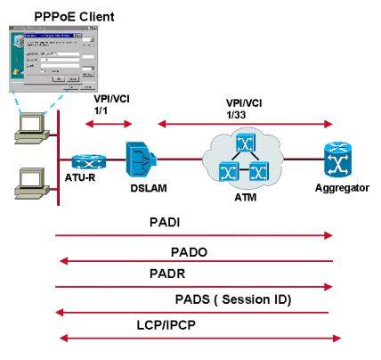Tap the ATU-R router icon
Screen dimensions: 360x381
pos(87,160)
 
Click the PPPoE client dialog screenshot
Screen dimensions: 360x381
pos(53,61)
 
